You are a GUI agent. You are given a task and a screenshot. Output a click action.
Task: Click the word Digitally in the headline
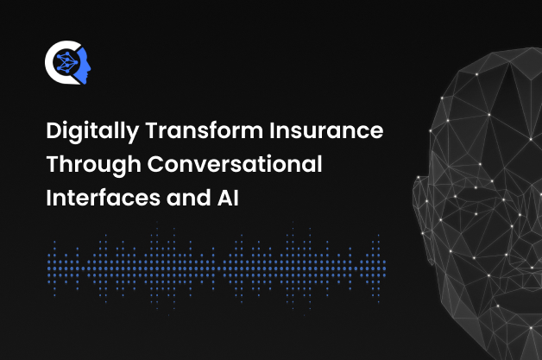(x=92, y=132)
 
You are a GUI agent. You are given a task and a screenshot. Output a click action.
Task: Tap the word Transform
(x=205, y=130)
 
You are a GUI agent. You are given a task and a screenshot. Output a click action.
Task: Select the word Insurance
(x=326, y=130)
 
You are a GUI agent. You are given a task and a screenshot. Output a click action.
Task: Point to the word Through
(x=94, y=165)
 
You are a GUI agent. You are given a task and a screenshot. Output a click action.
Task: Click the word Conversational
(x=235, y=163)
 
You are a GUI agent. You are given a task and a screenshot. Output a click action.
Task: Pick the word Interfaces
(x=103, y=198)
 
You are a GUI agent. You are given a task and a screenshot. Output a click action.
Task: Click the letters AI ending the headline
(x=228, y=198)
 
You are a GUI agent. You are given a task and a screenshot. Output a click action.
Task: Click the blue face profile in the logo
(x=84, y=66)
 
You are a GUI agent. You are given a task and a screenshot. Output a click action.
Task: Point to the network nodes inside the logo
(x=66, y=62)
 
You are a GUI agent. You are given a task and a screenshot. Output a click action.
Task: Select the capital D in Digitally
(x=54, y=130)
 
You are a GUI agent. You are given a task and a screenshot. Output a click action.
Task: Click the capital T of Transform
(x=153, y=130)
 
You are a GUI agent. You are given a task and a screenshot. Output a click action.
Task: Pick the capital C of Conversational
(x=156, y=164)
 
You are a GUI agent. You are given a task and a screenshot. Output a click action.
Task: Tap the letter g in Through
(x=118, y=167)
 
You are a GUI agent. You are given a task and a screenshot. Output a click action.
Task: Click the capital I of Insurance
(x=273, y=130)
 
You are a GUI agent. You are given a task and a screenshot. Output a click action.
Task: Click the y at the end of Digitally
(x=132, y=135)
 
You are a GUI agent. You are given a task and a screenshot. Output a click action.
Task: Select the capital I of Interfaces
(x=48, y=198)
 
